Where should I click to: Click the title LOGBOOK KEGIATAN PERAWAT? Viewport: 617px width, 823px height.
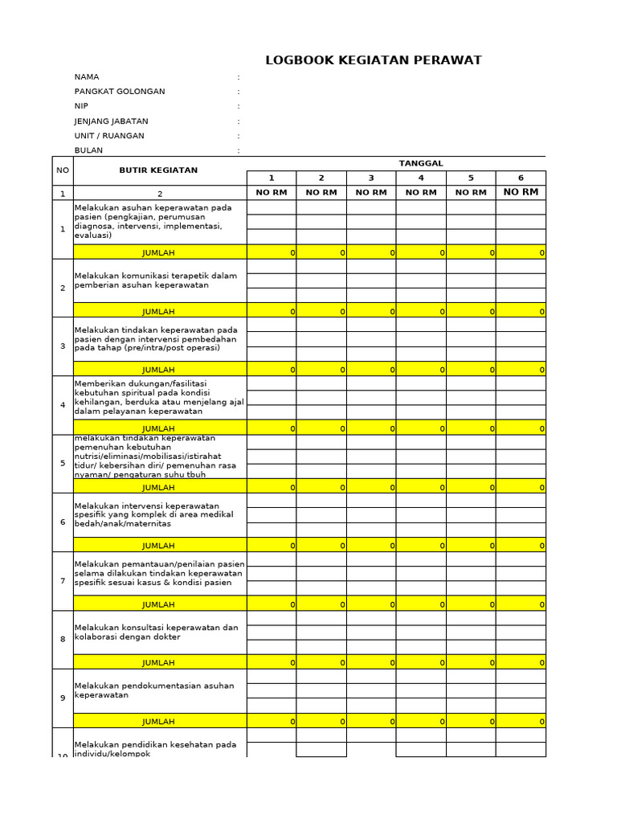tap(374, 60)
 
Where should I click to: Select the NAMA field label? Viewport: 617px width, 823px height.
tap(87, 77)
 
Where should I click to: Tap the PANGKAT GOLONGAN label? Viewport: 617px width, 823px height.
tap(120, 92)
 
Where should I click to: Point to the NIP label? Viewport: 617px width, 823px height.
tap(81, 106)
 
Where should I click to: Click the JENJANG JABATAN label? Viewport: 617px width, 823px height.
tap(111, 121)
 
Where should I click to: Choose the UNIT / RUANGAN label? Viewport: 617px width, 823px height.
tap(109, 136)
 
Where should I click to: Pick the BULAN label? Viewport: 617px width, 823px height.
tap(88, 150)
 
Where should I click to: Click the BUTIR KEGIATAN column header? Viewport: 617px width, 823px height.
tap(158, 170)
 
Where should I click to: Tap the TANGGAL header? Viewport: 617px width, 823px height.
tap(420, 163)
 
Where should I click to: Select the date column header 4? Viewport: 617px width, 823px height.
tap(421, 178)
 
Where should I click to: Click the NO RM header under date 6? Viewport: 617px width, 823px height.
tap(521, 192)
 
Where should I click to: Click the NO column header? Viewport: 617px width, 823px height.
tap(62, 170)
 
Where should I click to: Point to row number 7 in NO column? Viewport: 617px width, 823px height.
tap(62, 581)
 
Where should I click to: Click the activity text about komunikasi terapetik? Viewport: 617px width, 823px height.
tap(156, 280)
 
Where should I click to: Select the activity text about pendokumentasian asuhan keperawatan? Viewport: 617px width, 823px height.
tap(154, 690)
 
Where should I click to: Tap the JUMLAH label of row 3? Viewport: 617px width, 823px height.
tap(158, 370)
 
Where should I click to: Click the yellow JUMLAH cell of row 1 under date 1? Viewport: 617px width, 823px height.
tap(272, 252)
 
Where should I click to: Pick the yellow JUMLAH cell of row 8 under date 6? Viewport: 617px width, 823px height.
tap(521, 662)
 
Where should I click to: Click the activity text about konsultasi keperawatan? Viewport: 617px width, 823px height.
tap(157, 633)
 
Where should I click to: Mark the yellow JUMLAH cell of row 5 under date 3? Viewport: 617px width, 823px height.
tap(371, 487)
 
